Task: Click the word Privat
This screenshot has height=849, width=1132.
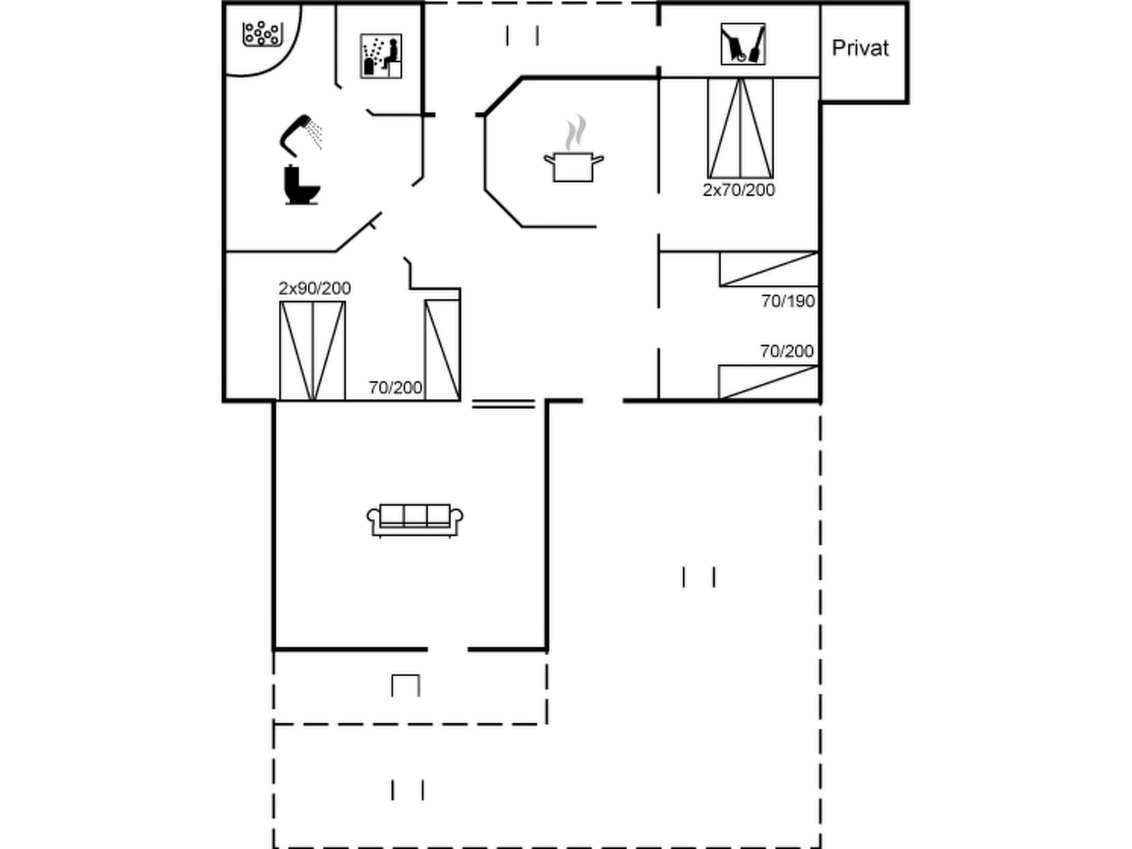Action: coord(860,49)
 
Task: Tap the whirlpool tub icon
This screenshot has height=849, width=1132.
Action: coord(263,34)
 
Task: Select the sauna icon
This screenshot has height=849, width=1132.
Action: coord(381,56)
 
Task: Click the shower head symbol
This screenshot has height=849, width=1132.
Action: coord(301,134)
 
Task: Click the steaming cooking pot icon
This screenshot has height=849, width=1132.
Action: coord(573,158)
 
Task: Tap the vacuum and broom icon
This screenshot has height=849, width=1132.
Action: coord(743,44)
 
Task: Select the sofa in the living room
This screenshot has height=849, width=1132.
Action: coord(415,520)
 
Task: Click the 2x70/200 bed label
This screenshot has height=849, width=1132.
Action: coord(738,190)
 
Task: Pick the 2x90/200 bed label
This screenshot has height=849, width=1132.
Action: coord(315,289)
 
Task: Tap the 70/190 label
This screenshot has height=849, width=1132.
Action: coord(788,301)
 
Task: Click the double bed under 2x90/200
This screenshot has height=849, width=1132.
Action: coord(312,350)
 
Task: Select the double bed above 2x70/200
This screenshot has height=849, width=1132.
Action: coord(740,128)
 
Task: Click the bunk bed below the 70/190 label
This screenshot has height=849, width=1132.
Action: coord(768,382)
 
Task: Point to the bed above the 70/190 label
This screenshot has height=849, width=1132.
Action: coord(768,269)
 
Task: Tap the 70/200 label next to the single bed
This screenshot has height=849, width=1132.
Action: coord(395,388)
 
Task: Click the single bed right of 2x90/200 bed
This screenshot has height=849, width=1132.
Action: coord(442,350)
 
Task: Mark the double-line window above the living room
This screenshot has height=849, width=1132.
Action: coord(503,405)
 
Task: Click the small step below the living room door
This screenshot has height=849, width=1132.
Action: coord(406,685)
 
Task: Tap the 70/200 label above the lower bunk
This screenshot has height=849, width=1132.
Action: coord(787,352)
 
